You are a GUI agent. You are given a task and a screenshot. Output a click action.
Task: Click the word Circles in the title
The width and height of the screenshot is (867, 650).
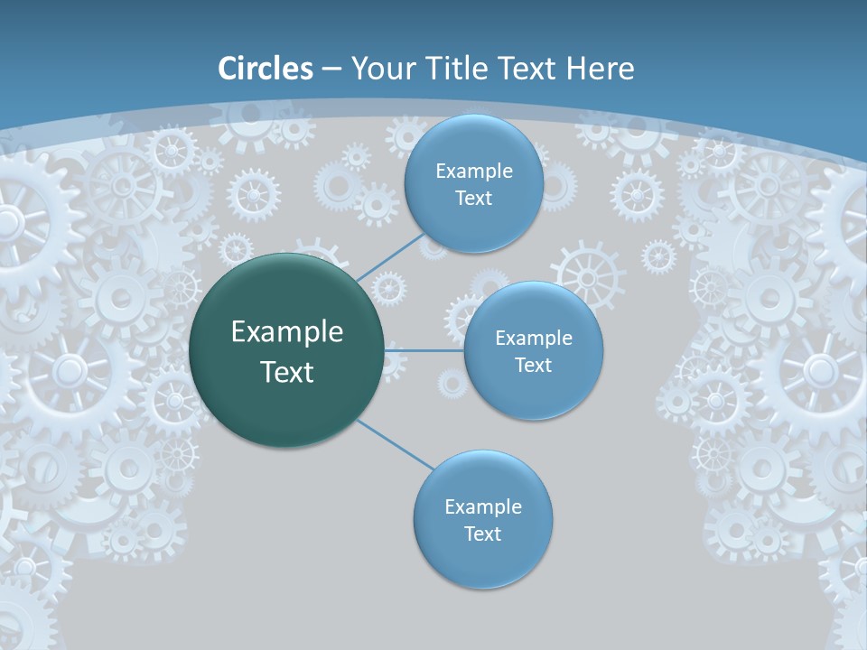tap(265, 69)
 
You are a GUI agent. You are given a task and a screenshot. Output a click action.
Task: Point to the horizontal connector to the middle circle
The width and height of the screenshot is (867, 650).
tap(424, 350)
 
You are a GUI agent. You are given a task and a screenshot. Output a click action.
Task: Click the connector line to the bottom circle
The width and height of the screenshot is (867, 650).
tap(396, 444)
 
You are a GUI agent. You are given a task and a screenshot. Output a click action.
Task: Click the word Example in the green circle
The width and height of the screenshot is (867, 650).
tap(287, 332)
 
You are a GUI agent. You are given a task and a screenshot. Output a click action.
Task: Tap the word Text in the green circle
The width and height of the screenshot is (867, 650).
tap(287, 372)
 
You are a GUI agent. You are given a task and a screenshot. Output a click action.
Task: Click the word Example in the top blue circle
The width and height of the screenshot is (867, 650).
tap(473, 172)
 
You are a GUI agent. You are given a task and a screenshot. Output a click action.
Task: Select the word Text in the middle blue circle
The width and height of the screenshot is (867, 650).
tap(533, 366)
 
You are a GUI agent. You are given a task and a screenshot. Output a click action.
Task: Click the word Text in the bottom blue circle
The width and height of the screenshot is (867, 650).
tap(482, 534)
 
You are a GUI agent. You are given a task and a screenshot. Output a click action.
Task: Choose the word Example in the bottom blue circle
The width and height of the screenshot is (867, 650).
tap(482, 507)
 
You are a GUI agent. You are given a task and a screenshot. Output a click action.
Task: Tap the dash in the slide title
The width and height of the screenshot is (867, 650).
tap(331, 70)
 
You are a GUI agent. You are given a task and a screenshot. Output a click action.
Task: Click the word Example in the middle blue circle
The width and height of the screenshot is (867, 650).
tap(533, 339)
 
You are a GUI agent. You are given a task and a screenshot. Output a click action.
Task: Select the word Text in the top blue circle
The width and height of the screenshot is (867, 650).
tap(473, 199)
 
